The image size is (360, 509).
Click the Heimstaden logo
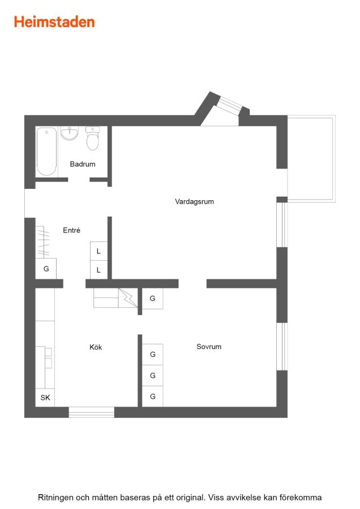click(54, 22)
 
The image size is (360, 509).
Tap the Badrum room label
click(83, 164)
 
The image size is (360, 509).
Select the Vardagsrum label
click(194, 201)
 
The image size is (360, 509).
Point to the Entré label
click(71, 230)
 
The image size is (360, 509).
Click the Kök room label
click(96, 347)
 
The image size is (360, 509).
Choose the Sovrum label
click(209, 346)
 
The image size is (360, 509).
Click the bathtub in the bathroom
click(46, 151)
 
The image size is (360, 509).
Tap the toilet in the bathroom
click(93, 139)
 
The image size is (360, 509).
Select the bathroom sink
click(70, 133)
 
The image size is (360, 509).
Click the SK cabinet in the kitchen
click(45, 398)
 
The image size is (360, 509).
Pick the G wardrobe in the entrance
click(46, 269)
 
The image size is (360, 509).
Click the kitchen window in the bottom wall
click(91, 412)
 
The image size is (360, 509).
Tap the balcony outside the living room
click(311, 159)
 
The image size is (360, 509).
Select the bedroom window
click(282, 346)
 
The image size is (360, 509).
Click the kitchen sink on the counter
click(49, 358)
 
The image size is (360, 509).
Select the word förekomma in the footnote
click(301, 497)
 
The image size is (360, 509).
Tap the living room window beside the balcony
click(282, 225)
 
